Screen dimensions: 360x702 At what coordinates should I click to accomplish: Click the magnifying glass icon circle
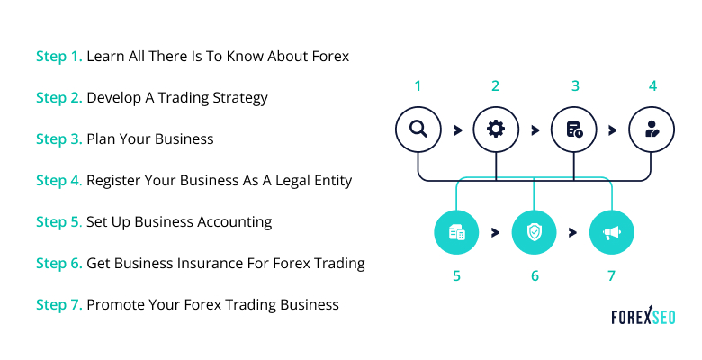tap(418, 130)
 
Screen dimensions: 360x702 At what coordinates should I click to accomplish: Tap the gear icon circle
tap(495, 130)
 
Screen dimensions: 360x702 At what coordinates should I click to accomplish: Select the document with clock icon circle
tap(574, 130)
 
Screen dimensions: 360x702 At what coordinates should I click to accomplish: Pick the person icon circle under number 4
tap(652, 130)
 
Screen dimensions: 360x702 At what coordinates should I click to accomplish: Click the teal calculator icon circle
tap(456, 233)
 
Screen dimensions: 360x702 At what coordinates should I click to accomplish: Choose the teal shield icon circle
tap(534, 233)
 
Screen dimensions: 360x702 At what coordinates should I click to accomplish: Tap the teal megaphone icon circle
tap(612, 233)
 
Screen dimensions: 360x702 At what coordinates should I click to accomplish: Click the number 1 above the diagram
tap(418, 86)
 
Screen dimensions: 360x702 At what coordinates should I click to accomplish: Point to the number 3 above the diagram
tap(574, 86)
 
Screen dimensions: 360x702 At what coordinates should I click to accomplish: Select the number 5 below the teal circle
tap(456, 275)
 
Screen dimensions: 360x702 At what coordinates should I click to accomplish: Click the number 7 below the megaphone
tap(612, 275)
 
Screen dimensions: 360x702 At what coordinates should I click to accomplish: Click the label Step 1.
tap(58, 56)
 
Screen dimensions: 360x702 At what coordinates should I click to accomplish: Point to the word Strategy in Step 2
tap(238, 97)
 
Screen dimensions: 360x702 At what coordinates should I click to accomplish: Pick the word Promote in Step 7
tap(114, 304)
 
